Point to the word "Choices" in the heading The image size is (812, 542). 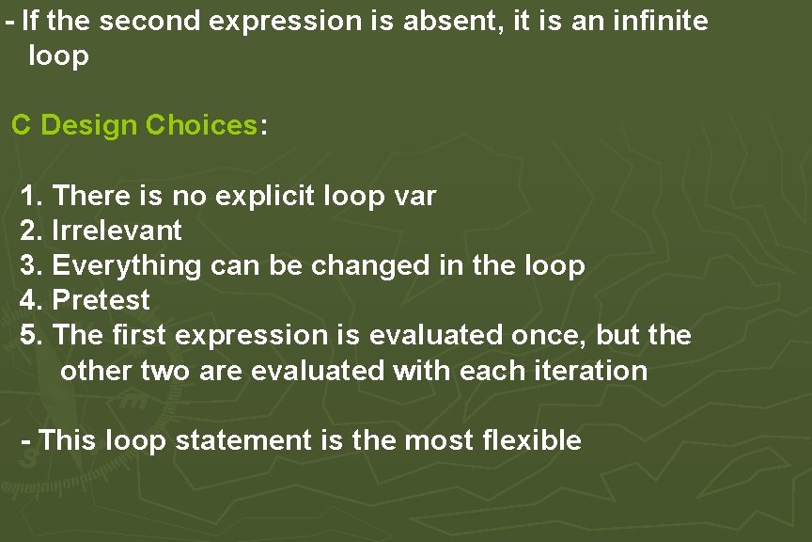click(202, 125)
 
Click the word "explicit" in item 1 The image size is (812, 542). click(265, 196)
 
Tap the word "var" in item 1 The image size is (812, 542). click(414, 196)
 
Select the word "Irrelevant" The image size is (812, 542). click(117, 231)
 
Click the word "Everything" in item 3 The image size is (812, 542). click(127, 266)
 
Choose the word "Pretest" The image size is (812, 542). click(101, 301)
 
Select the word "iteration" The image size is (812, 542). click(591, 371)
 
